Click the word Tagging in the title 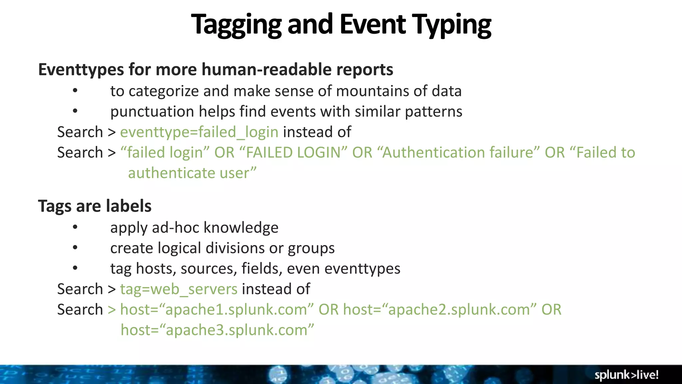(x=236, y=25)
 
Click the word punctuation (x=152, y=112)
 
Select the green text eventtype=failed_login (x=199, y=132)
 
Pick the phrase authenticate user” (x=192, y=173)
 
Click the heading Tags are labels (x=95, y=206)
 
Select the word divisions (x=235, y=248)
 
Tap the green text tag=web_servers (x=179, y=289)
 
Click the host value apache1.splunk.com (x=236, y=310)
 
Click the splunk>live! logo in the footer (x=626, y=375)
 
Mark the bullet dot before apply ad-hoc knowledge (x=75, y=227)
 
